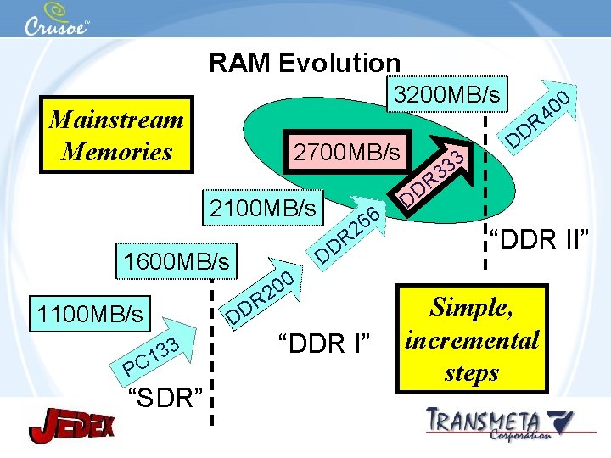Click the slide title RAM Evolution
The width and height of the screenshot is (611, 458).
[305, 63]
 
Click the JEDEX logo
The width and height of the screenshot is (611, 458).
[71, 425]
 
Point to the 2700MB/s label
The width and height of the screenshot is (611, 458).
[346, 153]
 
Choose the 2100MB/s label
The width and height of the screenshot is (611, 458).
[263, 207]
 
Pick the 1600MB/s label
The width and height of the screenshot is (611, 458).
[177, 260]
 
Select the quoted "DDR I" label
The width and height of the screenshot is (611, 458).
[325, 344]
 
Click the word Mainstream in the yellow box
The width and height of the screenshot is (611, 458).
[116, 119]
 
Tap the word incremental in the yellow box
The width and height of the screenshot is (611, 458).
[472, 340]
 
